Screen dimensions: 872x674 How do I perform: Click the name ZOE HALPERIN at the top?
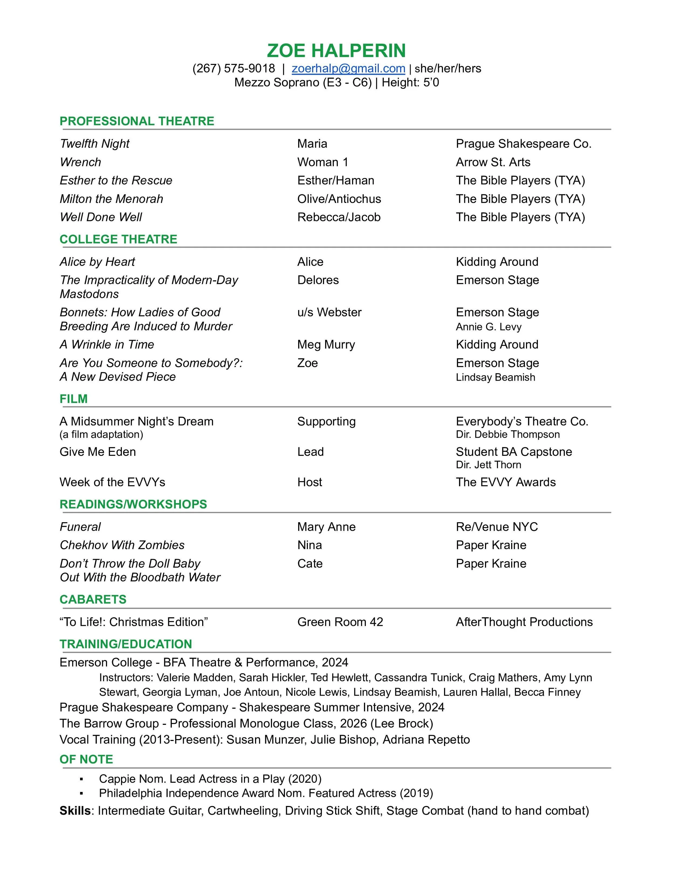pos(336,51)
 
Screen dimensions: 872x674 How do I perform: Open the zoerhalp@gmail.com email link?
pos(348,69)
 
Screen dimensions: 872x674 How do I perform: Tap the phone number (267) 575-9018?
pos(233,69)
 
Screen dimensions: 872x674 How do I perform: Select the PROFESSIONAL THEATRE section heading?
pos(137,121)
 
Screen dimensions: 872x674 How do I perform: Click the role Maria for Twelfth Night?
pos(312,144)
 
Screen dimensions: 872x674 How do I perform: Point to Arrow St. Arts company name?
pos(493,162)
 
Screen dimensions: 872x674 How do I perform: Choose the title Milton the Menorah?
pos(111,199)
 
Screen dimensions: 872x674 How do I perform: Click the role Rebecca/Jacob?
pos(339,217)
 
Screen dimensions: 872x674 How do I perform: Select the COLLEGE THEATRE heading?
pos(118,239)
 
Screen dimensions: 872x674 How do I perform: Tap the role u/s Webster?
pos(329,312)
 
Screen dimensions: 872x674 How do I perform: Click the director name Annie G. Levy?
pos(488,327)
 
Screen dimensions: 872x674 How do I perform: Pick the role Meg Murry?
pos(326,344)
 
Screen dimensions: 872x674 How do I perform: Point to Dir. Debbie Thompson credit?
pos(507,435)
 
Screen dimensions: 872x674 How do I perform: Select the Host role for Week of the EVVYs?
pos(310,482)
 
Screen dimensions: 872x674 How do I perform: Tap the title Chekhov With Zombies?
pos(122,545)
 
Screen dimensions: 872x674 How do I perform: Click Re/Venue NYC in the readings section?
pos(497,527)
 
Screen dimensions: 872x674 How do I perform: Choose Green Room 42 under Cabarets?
pos(340,622)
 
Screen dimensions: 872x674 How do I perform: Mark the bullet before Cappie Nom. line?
pos(81,779)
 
